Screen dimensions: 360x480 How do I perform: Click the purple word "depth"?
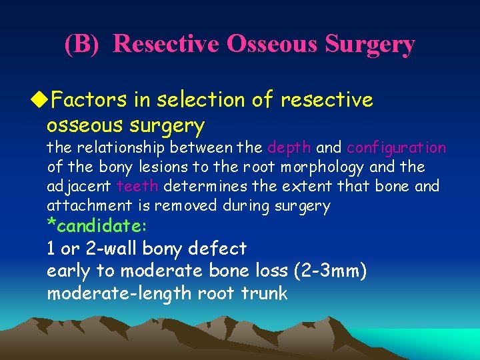click(289, 147)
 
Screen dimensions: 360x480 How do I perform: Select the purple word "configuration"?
click(396, 147)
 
